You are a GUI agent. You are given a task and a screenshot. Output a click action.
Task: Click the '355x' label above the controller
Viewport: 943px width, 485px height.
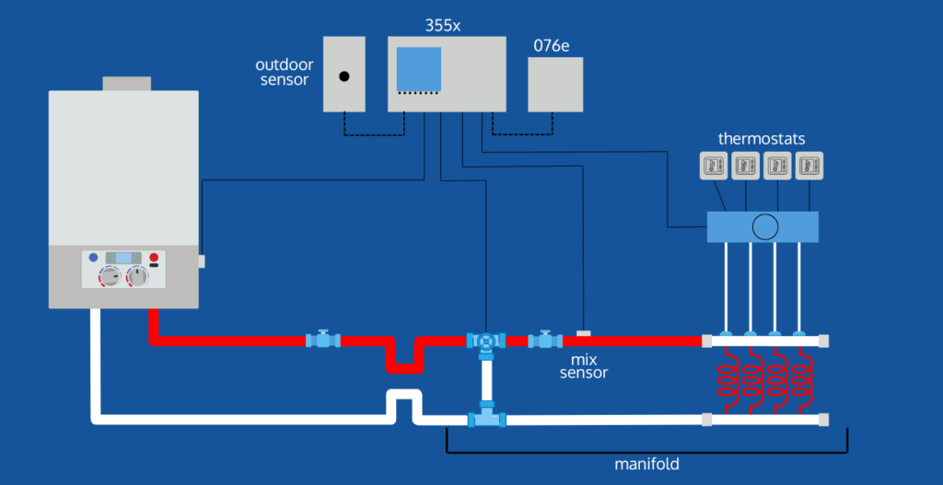coord(443,26)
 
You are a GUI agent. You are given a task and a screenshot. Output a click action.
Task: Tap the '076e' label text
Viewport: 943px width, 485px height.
coord(551,45)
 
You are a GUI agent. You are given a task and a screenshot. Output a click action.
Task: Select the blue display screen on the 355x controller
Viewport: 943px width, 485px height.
coord(419,68)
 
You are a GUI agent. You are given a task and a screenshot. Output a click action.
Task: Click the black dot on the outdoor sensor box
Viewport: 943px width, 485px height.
coord(344,76)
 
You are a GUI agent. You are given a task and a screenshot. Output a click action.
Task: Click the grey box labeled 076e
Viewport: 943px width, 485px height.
coord(555,84)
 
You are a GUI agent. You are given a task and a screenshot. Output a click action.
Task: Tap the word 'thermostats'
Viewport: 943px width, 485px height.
coord(762,139)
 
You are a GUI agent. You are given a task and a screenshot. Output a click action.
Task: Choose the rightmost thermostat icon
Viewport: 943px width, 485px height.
coord(809,166)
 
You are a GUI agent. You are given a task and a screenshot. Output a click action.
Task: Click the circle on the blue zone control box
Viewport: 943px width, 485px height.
coord(763,227)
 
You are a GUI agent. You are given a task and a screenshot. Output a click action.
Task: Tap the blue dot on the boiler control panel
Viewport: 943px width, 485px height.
coord(93,259)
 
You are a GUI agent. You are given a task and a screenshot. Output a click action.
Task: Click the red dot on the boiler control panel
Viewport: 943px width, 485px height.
coord(154,259)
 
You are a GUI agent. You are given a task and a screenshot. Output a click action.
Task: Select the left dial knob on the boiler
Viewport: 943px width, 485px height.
coord(111,276)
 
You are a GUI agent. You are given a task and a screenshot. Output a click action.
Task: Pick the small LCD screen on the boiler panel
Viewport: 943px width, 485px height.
coord(122,259)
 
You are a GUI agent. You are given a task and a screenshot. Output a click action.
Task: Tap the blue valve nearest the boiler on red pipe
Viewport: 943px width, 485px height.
coord(322,341)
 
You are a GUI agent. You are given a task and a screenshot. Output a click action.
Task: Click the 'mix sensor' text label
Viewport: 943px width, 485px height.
coord(584,365)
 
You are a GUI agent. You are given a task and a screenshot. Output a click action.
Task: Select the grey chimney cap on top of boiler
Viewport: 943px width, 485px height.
coord(125,84)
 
